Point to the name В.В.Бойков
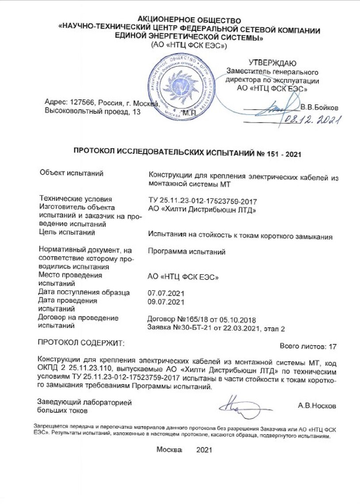[x=319, y=107]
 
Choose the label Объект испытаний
[x=71, y=173]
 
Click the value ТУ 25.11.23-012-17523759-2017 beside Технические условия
[x=203, y=201]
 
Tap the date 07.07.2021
[x=165, y=293]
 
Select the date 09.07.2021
[x=165, y=302]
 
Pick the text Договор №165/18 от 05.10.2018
[x=201, y=320]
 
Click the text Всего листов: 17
[x=308, y=346]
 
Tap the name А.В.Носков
[x=317, y=405]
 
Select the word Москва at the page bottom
[x=169, y=450]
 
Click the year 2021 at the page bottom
[x=204, y=450]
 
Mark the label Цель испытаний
[x=67, y=232]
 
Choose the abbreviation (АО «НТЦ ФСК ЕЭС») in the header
[x=189, y=45]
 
